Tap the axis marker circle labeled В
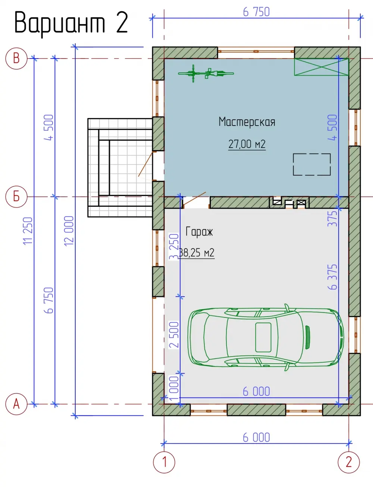(16, 58)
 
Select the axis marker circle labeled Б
(16, 197)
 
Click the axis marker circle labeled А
(16, 404)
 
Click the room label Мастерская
(247, 122)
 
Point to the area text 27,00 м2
(247, 144)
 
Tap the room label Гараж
(199, 232)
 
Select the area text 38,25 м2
(197, 253)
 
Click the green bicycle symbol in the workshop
(206, 73)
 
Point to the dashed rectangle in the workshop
(312, 164)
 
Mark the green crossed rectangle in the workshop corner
(321, 67)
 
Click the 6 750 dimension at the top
(257, 12)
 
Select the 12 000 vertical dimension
(69, 231)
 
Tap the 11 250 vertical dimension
(28, 231)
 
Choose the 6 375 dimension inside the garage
(333, 277)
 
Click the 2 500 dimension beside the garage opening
(174, 335)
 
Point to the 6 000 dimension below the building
(257, 437)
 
